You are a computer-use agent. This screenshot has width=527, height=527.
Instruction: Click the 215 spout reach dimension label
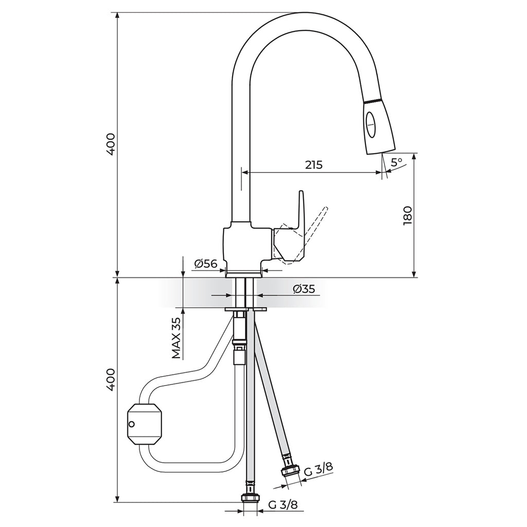point(313,165)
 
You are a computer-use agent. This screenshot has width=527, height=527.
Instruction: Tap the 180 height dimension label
point(408,216)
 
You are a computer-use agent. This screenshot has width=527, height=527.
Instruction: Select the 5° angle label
point(397,162)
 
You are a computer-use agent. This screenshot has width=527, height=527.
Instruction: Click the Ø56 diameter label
point(206,264)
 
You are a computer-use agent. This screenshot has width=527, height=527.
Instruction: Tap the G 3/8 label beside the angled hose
point(318,469)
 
